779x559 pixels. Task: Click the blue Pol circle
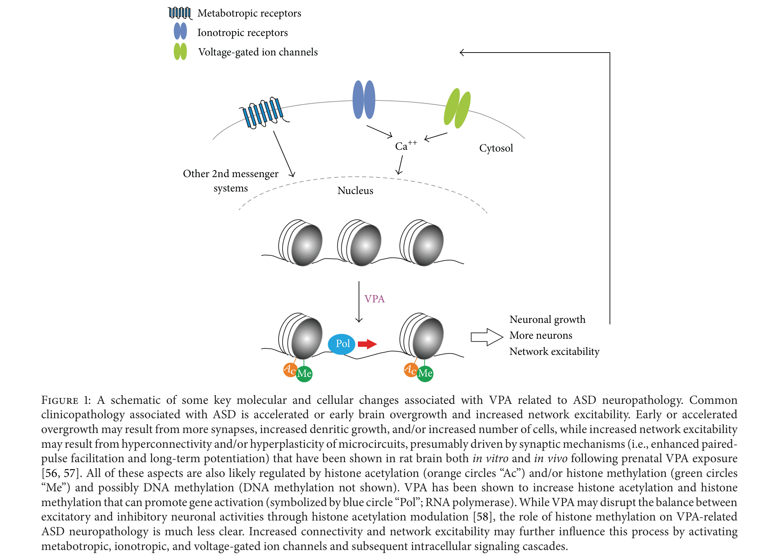click(341, 344)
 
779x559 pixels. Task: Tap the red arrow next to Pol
click(367, 344)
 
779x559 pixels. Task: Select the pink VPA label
click(375, 299)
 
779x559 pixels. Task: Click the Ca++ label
click(406, 145)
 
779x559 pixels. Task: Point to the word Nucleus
click(355, 190)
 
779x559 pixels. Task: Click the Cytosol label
click(496, 148)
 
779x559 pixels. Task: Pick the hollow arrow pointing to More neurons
click(487, 337)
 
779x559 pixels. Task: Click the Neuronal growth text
click(547, 320)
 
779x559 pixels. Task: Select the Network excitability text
click(554, 351)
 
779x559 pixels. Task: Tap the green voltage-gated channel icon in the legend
click(180, 51)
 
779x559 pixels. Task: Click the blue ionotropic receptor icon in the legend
click(180, 31)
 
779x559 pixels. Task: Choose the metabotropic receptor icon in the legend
click(180, 13)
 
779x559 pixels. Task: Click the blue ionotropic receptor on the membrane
click(364, 100)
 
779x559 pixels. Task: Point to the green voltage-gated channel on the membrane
click(457, 108)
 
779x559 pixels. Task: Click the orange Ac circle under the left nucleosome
click(290, 369)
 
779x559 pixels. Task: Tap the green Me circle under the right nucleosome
click(425, 373)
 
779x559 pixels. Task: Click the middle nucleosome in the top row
click(359, 243)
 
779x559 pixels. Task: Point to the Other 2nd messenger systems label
click(231, 181)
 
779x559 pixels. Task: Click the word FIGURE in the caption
click(60, 400)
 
